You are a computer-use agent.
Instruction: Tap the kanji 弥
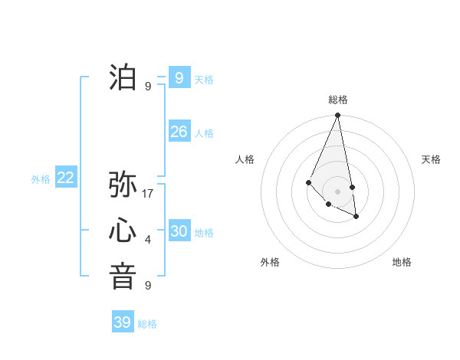coord(123,185)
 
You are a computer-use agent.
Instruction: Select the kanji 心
coord(123,231)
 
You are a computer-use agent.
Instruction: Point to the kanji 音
coord(123,277)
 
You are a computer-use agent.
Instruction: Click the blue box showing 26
coord(179,132)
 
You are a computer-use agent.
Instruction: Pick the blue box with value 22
coord(65,178)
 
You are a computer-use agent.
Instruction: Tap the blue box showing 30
coord(179,231)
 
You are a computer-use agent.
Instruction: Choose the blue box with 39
coord(122,322)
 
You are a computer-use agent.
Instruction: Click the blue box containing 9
coord(179,77)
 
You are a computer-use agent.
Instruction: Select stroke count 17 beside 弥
coord(149,194)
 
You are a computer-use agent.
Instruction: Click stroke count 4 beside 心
coord(148,241)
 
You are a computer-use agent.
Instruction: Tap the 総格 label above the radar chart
coord(338,100)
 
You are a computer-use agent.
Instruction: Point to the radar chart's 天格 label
coord(431,159)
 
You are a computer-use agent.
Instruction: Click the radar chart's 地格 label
coord(402,262)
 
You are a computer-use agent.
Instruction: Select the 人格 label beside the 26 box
coord(204,133)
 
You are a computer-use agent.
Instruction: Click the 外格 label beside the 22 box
coord(41,179)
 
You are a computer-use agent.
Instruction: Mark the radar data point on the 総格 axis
coord(338,115)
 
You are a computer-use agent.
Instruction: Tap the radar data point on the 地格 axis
coord(356,217)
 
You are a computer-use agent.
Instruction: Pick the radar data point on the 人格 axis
coord(308,182)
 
